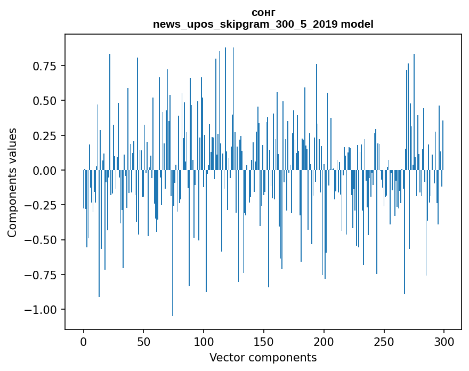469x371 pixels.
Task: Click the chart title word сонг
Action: (x=263, y=12)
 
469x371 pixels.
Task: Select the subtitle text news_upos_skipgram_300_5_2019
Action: (x=246, y=24)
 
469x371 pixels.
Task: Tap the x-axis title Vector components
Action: (x=263, y=357)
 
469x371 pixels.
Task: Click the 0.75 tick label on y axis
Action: (x=45, y=66)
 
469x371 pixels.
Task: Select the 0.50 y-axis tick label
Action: (x=45, y=101)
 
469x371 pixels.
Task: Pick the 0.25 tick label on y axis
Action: (x=45, y=135)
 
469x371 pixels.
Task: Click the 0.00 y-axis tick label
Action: (x=45, y=171)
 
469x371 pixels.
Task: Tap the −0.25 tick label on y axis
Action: (x=42, y=205)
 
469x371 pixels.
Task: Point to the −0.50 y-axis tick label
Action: (x=42, y=240)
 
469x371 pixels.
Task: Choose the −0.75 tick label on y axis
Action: (x=42, y=275)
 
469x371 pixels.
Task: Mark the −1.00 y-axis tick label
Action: (x=42, y=310)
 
